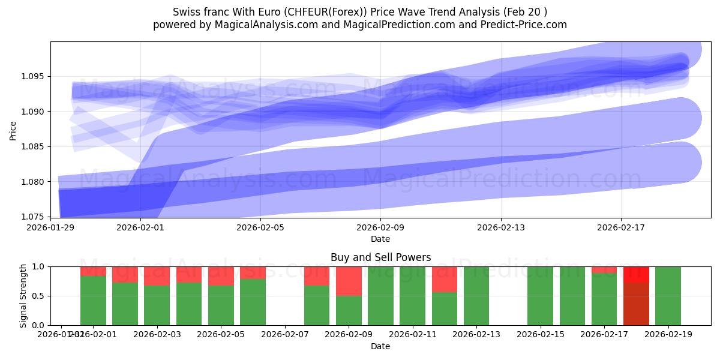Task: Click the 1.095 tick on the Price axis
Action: (x=35, y=77)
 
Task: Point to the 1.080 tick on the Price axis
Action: (x=35, y=182)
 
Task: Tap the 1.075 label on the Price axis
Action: (x=35, y=217)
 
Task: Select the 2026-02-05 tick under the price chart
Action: (x=260, y=227)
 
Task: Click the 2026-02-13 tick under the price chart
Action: (x=501, y=227)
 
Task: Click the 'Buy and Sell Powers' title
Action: (x=380, y=257)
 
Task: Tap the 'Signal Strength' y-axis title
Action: (x=23, y=296)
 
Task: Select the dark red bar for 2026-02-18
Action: (x=636, y=304)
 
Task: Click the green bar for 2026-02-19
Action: (x=668, y=296)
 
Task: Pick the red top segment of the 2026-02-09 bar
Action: (x=349, y=281)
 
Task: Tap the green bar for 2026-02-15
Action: (x=540, y=296)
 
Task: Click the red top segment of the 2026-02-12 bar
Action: (x=445, y=279)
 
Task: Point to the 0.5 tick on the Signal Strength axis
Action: (x=39, y=296)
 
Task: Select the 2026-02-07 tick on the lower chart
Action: (x=285, y=335)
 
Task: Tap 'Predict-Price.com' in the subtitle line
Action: (x=524, y=25)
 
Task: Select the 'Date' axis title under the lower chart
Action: (x=380, y=346)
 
